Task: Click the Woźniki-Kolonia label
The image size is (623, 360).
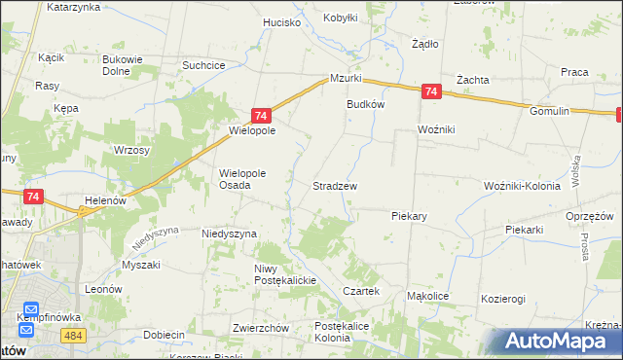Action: (525, 186)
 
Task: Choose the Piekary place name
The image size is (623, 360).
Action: (410, 215)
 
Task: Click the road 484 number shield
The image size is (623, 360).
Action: (70, 335)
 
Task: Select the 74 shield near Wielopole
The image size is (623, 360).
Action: (260, 114)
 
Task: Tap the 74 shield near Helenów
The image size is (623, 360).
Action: (34, 196)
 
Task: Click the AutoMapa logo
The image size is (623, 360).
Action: (560, 341)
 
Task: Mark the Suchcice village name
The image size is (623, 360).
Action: (204, 65)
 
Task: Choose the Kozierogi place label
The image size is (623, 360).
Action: (502, 299)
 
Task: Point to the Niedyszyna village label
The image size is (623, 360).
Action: (229, 234)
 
